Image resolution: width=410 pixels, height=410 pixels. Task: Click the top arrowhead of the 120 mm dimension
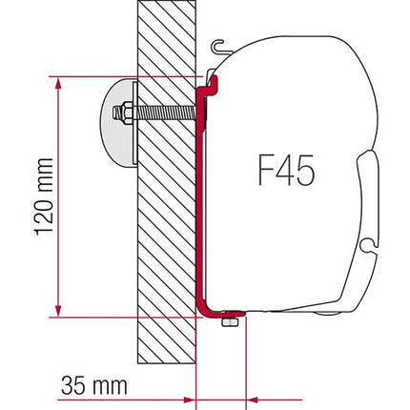59,80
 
